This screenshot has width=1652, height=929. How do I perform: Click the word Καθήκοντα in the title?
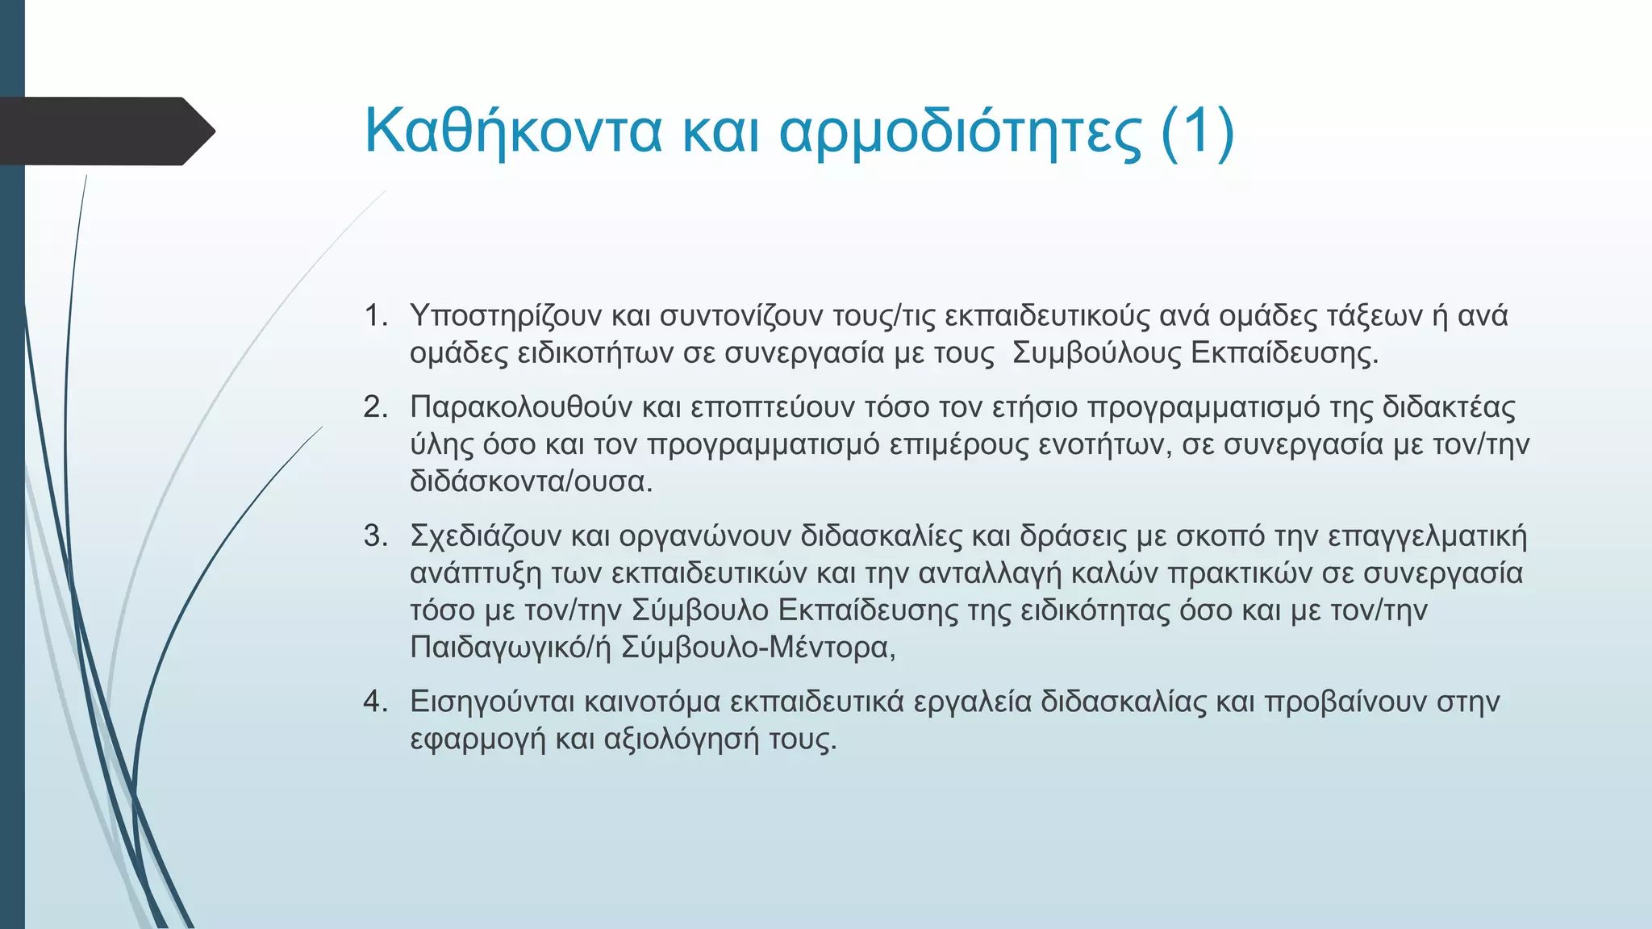point(513,131)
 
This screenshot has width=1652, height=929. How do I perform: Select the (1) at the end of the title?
point(1197,131)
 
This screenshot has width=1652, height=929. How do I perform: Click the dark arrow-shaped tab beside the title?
point(105,131)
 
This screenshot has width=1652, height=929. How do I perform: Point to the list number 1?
point(375,315)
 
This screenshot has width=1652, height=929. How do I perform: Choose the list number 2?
point(375,407)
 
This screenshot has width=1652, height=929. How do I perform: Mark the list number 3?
point(375,536)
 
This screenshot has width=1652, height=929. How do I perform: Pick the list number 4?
point(375,702)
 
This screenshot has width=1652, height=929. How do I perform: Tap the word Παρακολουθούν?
point(521,407)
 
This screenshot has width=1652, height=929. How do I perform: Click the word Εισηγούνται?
point(492,702)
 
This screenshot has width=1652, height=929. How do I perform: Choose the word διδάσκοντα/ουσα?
point(531,481)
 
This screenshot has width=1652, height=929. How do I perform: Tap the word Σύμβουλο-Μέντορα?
point(758,648)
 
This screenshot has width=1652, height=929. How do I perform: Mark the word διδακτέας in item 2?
point(1449,407)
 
